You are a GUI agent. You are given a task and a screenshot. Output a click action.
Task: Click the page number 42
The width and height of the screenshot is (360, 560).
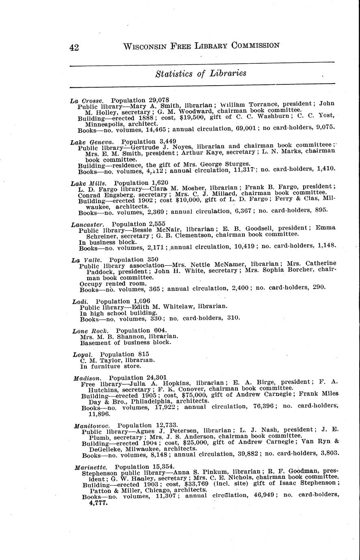pyautogui.click(x=74, y=47)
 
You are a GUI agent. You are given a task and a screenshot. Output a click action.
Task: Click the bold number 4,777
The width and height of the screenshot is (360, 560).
pyautogui.click(x=98, y=502)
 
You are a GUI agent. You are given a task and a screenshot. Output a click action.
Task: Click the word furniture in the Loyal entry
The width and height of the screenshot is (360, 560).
pyautogui.click(x=104, y=366)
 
